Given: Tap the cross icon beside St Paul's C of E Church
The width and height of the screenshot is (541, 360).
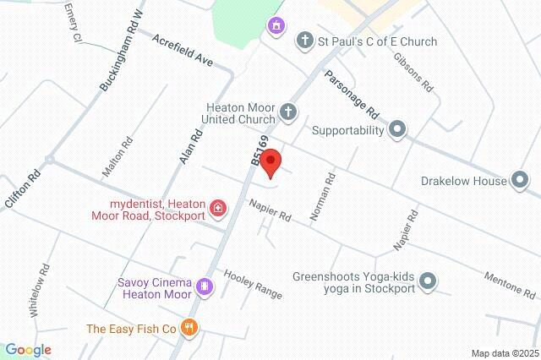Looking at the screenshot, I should point(304,41).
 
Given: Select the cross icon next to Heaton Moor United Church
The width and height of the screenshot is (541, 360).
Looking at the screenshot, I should point(289,112).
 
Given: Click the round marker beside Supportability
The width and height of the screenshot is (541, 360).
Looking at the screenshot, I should point(397,130).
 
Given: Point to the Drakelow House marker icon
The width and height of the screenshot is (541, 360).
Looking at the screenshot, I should point(520,180).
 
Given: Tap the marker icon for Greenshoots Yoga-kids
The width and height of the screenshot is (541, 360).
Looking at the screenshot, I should point(429,281).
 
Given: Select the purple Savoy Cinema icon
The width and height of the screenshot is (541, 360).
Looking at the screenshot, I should point(203,287).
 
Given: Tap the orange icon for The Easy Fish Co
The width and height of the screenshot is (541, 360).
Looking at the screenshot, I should point(191,329).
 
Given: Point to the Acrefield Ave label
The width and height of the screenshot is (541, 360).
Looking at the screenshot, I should point(183,52).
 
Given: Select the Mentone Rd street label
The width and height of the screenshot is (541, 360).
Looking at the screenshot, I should point(509,285).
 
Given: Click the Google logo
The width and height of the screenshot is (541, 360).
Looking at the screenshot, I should point(27,350).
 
